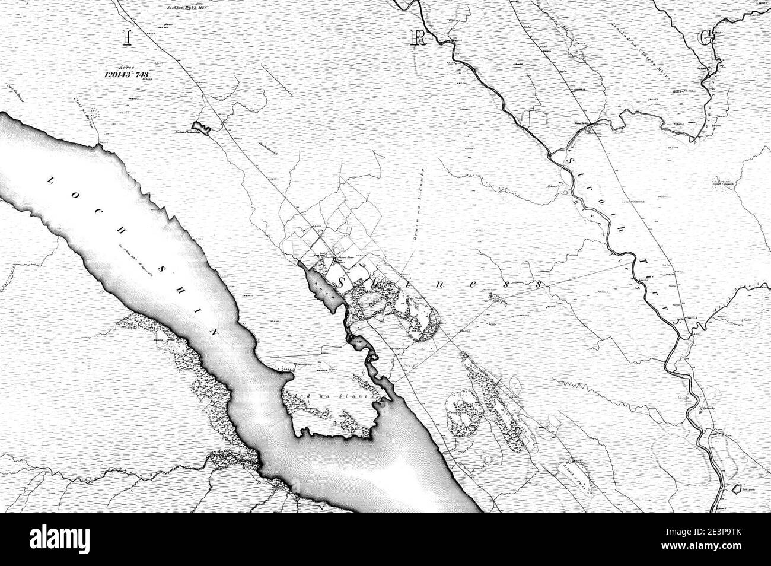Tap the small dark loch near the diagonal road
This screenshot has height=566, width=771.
tap(202, 128)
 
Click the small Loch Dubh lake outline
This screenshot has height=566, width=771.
tap(735, 489)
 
